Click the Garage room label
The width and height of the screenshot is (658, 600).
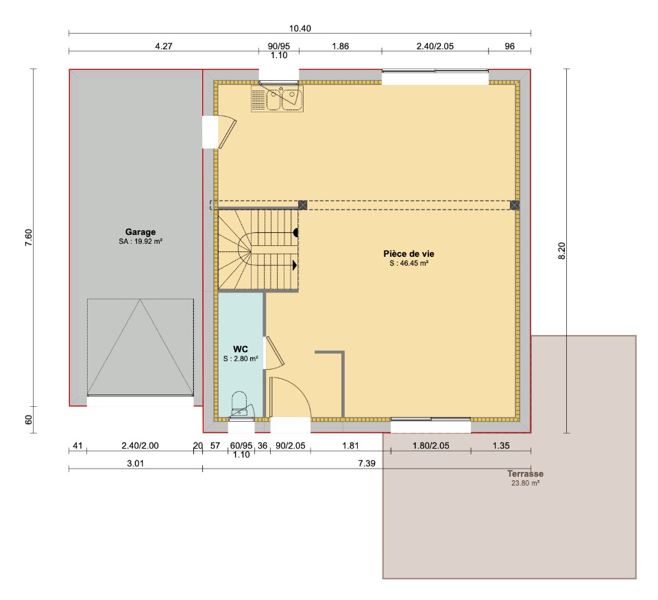pos(140,232)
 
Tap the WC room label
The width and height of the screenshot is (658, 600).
pos(241,349)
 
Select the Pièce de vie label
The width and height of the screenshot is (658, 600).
pos(409,253)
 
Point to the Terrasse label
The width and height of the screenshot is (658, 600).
pos(525,474)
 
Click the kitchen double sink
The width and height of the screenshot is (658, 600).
pos(277,98)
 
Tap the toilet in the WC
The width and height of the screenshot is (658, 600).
pos(240,404)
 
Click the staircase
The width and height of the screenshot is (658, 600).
pos(258,249)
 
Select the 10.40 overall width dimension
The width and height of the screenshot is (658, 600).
pos(300,29)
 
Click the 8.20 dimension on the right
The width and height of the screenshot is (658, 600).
pos(562,251)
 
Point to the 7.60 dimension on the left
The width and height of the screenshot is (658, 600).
pos(28,237)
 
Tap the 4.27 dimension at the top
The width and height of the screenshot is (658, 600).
pos(164,46)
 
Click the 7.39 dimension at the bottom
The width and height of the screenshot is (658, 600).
pos(367,463)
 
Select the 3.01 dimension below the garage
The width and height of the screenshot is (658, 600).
pos(136,463)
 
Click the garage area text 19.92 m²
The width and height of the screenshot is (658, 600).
pos(141,242)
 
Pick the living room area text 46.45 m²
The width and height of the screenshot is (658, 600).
pos(409,263)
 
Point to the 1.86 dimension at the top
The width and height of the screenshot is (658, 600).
pos(341,46)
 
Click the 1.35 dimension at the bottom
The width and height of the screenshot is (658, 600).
pos(501,445)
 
